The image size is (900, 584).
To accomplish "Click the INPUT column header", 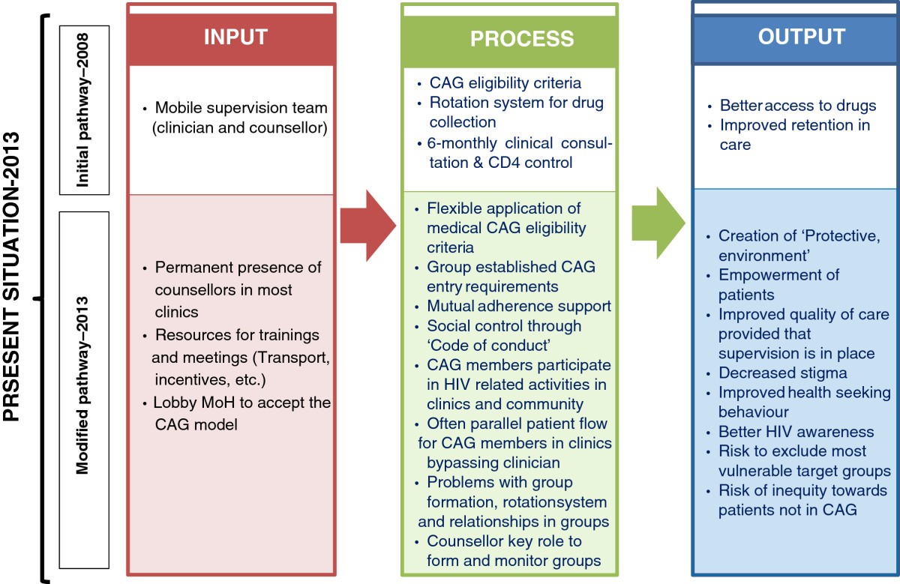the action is tap(235, 37).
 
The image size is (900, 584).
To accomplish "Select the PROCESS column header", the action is tap(522, 38).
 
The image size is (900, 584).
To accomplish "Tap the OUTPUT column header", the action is tap(802, 37).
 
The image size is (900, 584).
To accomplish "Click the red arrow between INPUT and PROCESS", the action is tap(368, 226).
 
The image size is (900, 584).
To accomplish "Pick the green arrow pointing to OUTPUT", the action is tap(658, 223).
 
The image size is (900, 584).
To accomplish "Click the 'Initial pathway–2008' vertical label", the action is tap(82, 110).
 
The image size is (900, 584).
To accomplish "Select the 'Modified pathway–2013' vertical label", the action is tap(82, 385).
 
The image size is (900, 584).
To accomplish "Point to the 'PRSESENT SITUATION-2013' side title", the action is tap(10, 277).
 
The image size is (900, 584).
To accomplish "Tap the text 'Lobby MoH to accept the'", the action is tap(241, 403).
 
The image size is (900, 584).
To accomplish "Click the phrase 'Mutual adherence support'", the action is tap(519, 306).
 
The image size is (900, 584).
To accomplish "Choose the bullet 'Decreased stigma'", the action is tap(783, 373).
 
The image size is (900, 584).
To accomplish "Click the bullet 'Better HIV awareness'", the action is tap(796, 432).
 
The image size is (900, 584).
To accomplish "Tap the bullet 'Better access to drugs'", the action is tap(798, 105).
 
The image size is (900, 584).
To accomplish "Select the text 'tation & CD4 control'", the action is tap(501, 163).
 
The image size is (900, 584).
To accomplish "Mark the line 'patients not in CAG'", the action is tap(787, 510).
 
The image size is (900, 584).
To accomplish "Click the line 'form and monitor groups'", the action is tap(514, 561).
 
